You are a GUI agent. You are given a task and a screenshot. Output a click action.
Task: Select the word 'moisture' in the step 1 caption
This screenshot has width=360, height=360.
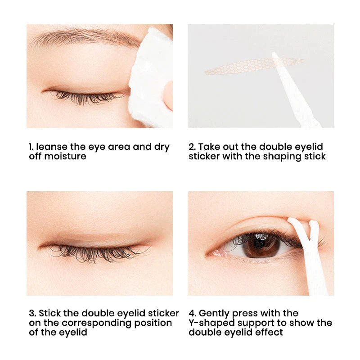[65, 156]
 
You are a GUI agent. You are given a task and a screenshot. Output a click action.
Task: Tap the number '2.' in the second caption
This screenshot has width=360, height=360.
[192, 147]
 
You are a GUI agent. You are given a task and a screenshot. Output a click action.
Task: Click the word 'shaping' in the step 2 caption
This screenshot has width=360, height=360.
[282, 157]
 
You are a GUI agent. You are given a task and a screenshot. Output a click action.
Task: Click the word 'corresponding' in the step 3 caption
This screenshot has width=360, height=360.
[97, 323]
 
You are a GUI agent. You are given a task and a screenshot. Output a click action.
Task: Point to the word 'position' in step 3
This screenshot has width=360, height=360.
[153, 323]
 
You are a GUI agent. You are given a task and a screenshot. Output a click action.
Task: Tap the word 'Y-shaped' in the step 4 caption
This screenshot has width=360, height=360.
[211, 323]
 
